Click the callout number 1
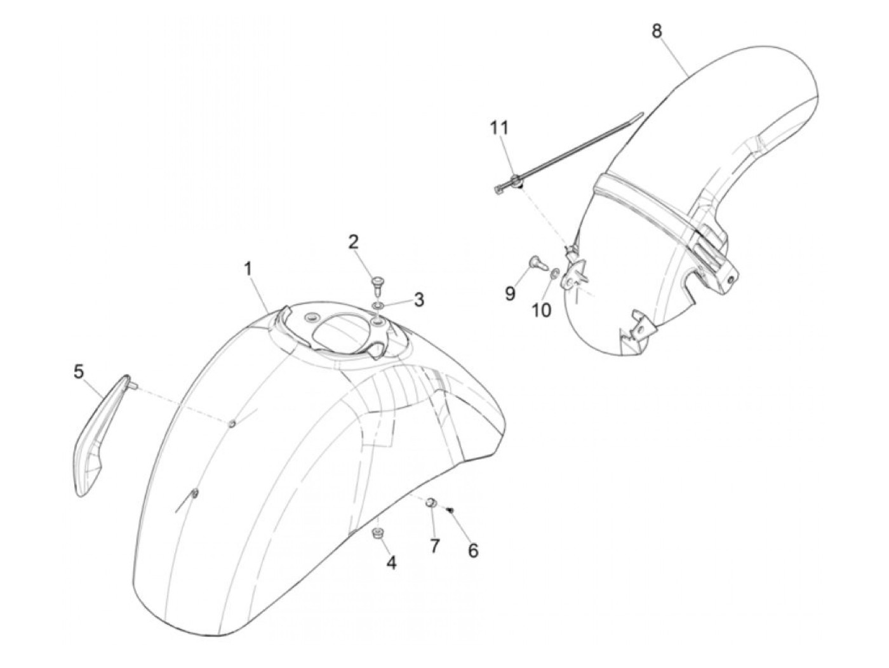coord(248,269)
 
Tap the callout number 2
coord(353,241)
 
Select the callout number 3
coord(418,299)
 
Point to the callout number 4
coord(391,562)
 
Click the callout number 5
coord(79,371)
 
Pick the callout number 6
coord(472,551)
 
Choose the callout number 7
coord(434,545)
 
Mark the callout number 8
coord(656,30)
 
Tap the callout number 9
coord(510,294)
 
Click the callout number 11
coord(498,128)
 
